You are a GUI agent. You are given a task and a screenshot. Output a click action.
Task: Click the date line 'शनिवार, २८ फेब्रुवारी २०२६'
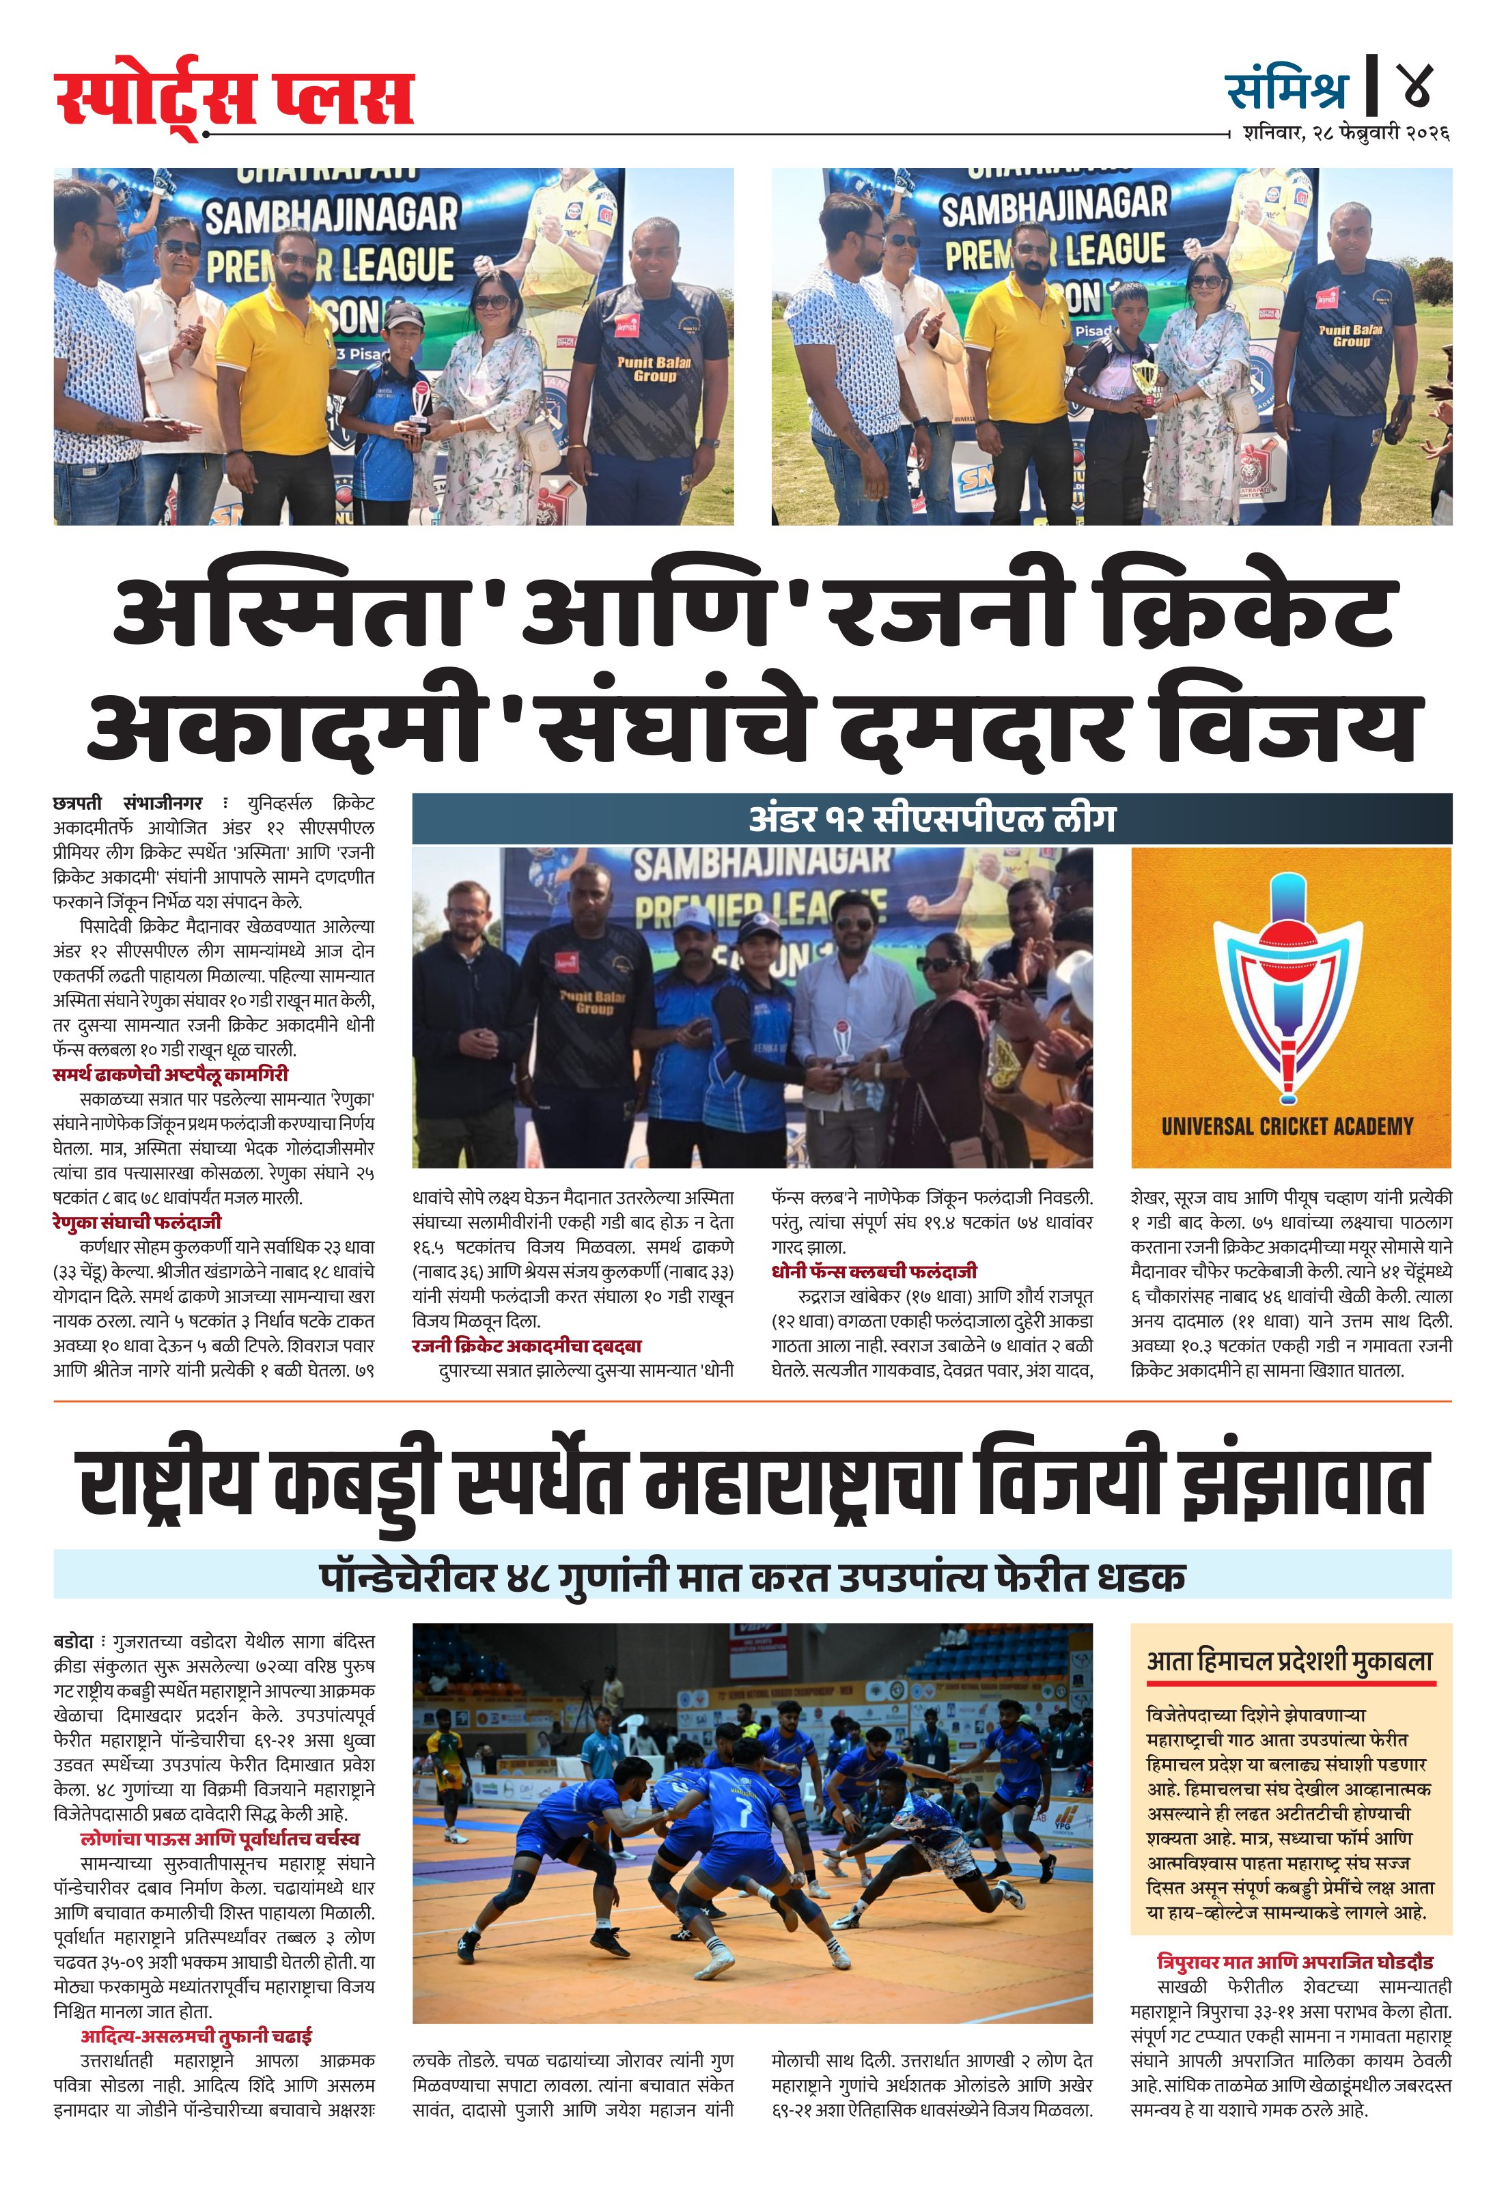click(x=1345, y=134)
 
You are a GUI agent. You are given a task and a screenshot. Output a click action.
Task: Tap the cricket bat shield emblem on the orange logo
click(x=1287, y=987)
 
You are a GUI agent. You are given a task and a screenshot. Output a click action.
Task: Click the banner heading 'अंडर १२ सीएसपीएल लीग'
click(x=931, y=818)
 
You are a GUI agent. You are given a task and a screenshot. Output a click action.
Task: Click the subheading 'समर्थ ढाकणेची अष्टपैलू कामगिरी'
click(x=170, y=1074)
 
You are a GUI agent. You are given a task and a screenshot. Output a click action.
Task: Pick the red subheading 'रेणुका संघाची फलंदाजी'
click(x=137, y=1222)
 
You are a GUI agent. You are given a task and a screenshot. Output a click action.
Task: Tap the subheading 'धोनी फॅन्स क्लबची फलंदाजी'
click(x=873, y=1272)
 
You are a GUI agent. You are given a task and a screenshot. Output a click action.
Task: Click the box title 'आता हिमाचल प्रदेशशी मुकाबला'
click(x=1289, y=1661)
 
